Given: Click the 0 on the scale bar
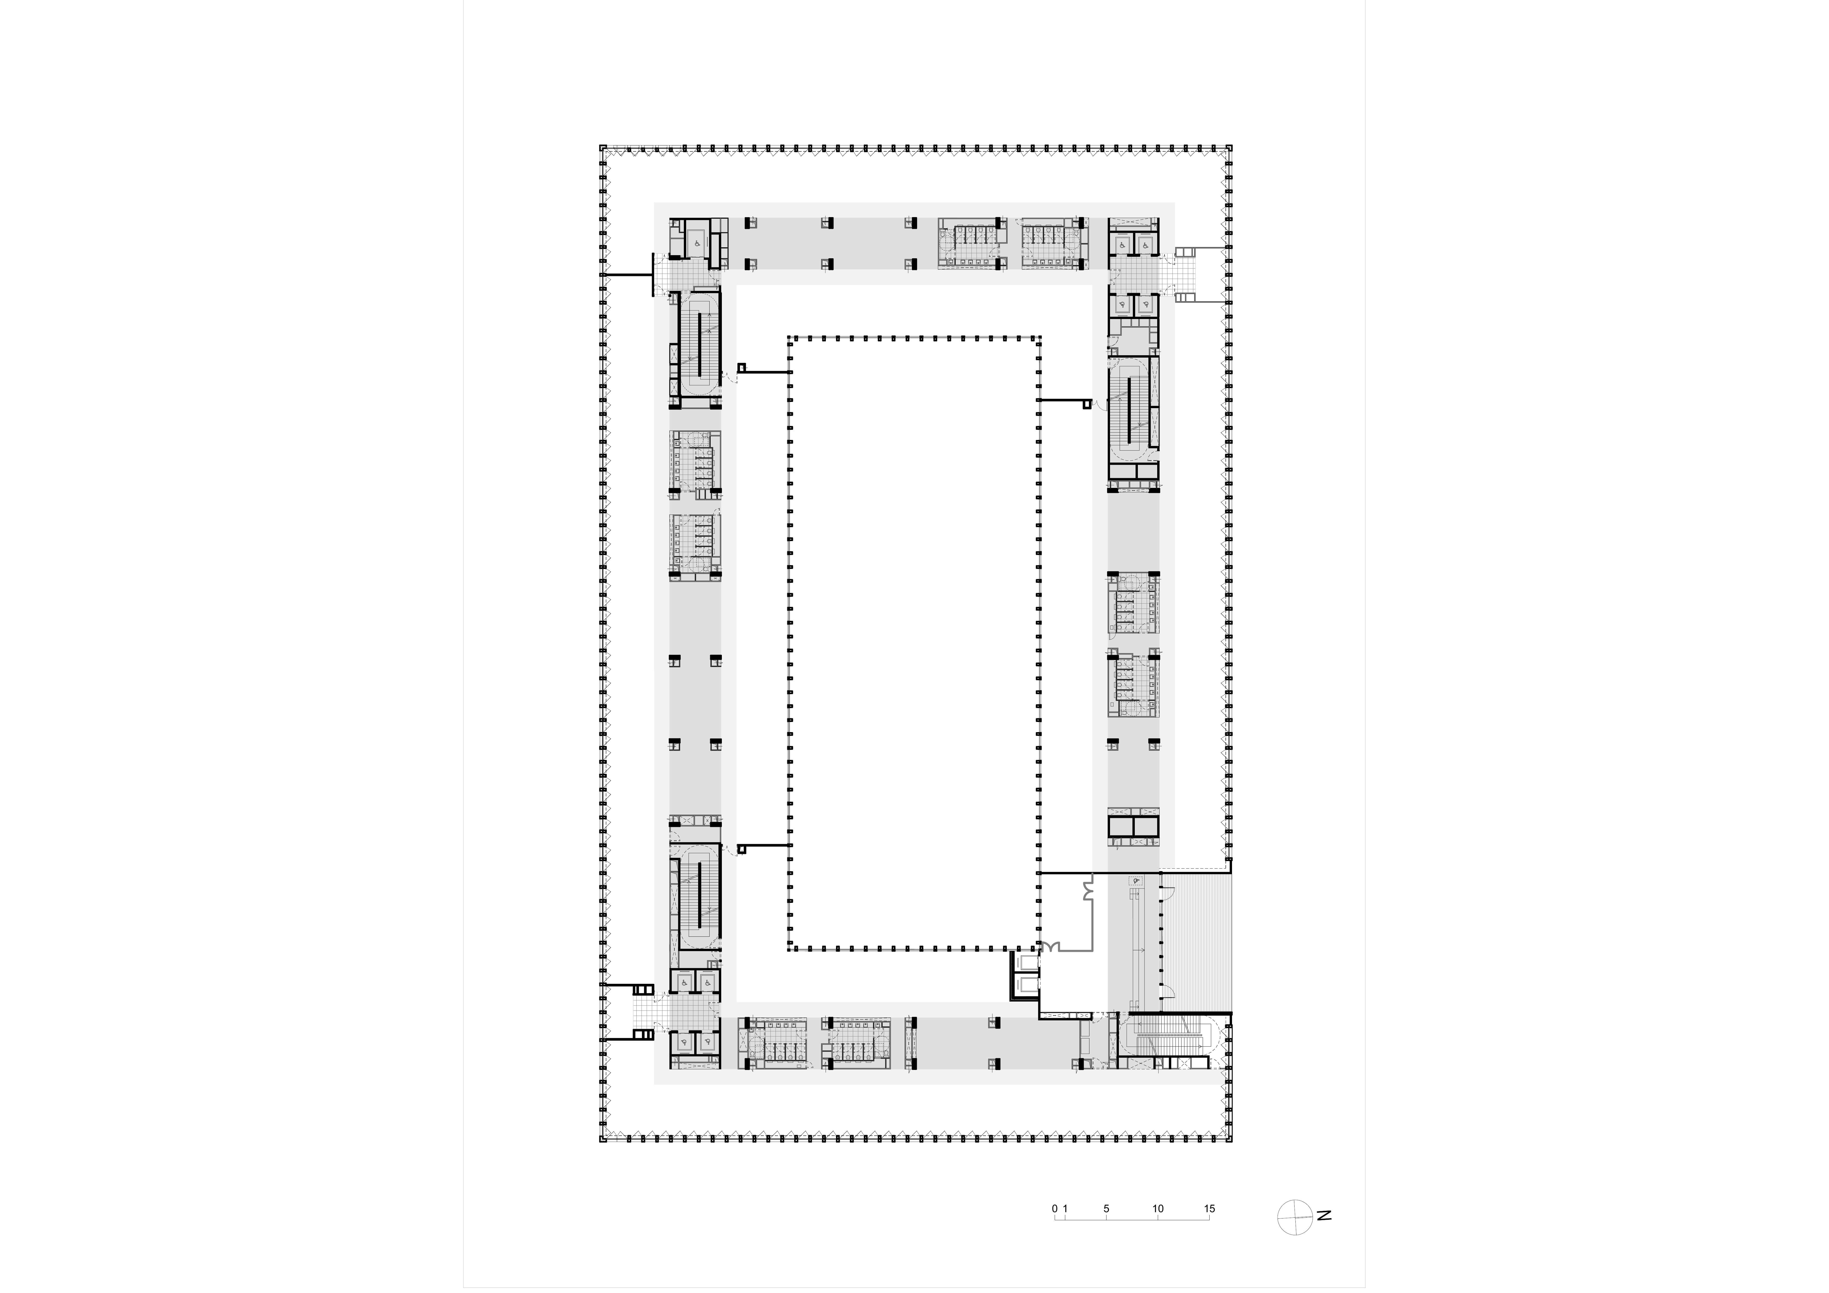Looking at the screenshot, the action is [1055, 1209].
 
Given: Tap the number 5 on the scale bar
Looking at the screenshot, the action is [1106, 1209].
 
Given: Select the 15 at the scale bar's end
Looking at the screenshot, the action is [1209, 1209].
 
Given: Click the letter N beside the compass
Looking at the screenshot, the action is [1324, 1216].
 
